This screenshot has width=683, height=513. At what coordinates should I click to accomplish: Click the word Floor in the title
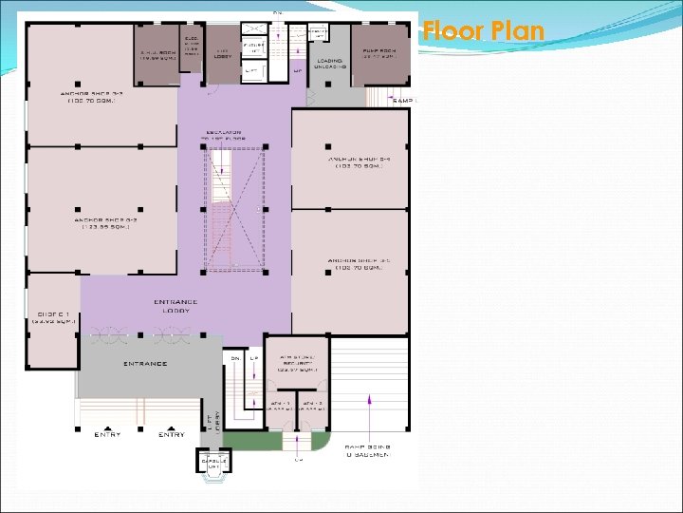coord(452,31)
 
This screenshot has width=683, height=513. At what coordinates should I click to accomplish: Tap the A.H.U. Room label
coord(157,55)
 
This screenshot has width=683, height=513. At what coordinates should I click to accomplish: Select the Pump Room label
coord(379,55)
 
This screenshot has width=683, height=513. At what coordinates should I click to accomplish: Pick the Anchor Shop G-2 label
coord(102,224)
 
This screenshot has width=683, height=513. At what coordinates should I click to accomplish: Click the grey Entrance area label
coord(145,364)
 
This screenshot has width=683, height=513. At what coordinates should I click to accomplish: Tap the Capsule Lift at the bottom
coord(212,463)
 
